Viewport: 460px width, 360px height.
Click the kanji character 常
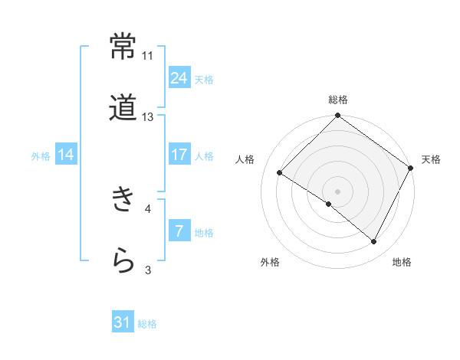[x=123, y=47]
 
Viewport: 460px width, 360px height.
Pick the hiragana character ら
[x=123, y=260]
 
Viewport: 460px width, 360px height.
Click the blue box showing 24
[x=179, y=78]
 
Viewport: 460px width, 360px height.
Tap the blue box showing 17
[x=179, y=155]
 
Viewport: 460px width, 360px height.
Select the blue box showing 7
[x=179, y=231]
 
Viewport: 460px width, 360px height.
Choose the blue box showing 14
[x=66, y=155]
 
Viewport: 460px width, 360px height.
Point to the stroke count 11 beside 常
[x=148, y=56]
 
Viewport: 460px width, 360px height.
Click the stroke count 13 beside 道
[x=148, y=117]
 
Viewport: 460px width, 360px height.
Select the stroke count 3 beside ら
[x=148, y=270]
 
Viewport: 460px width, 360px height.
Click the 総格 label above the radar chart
[x=338, y=100]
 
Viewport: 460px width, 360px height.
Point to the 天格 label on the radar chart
[x=431, y=159]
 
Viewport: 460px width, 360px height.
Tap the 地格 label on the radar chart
[x=402, y=263]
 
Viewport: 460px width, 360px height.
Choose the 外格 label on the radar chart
[x=270, y=263]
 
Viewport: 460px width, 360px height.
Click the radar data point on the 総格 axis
[x=338, y=117]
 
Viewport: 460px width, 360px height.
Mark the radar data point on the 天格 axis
[x=411, y=168]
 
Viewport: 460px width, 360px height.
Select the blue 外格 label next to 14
[x=41, y=155]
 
